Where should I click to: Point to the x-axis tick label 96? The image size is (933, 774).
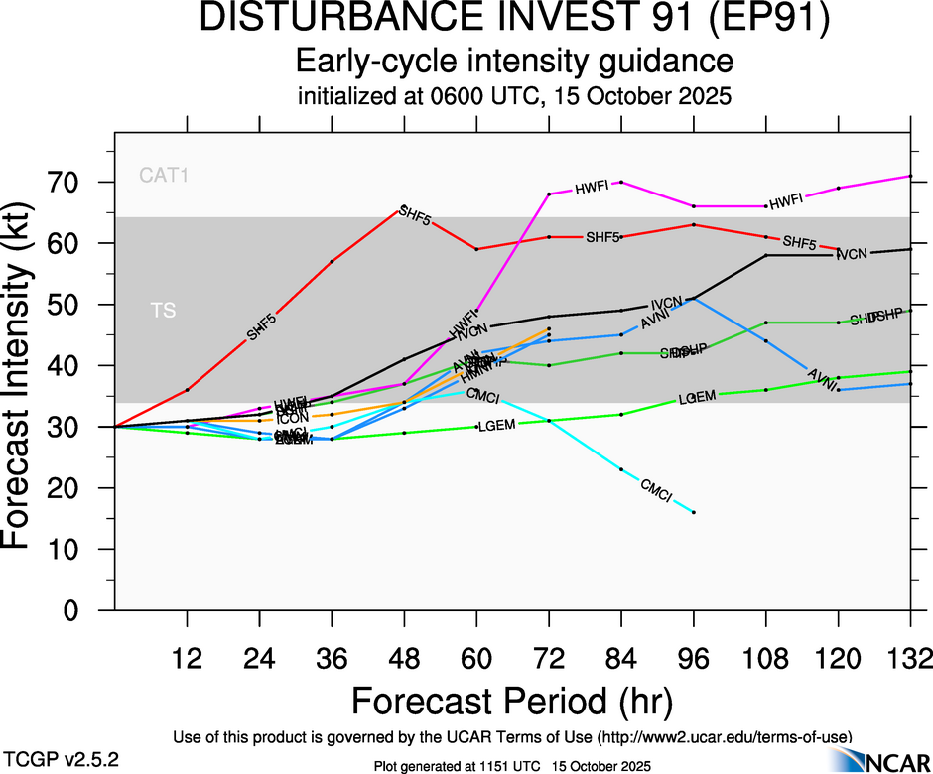click(694, 659)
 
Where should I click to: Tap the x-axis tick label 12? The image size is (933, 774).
click(187, 659)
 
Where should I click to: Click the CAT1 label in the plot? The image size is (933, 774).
click(164, 177)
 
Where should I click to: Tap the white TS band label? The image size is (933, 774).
click(164, 311)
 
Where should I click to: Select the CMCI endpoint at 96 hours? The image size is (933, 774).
click(694, 512)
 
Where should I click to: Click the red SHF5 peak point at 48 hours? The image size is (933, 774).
click(404, 207)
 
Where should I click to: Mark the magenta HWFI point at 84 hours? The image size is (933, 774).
click(621, 182)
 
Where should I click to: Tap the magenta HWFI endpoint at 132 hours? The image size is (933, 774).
click(911, 176)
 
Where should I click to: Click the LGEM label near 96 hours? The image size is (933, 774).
click(697, 398)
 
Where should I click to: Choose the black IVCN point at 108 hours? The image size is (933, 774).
click(766, 255)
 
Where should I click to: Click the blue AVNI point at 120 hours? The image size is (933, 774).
click(839, 390)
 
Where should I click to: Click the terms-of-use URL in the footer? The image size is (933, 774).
click(725, 736)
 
